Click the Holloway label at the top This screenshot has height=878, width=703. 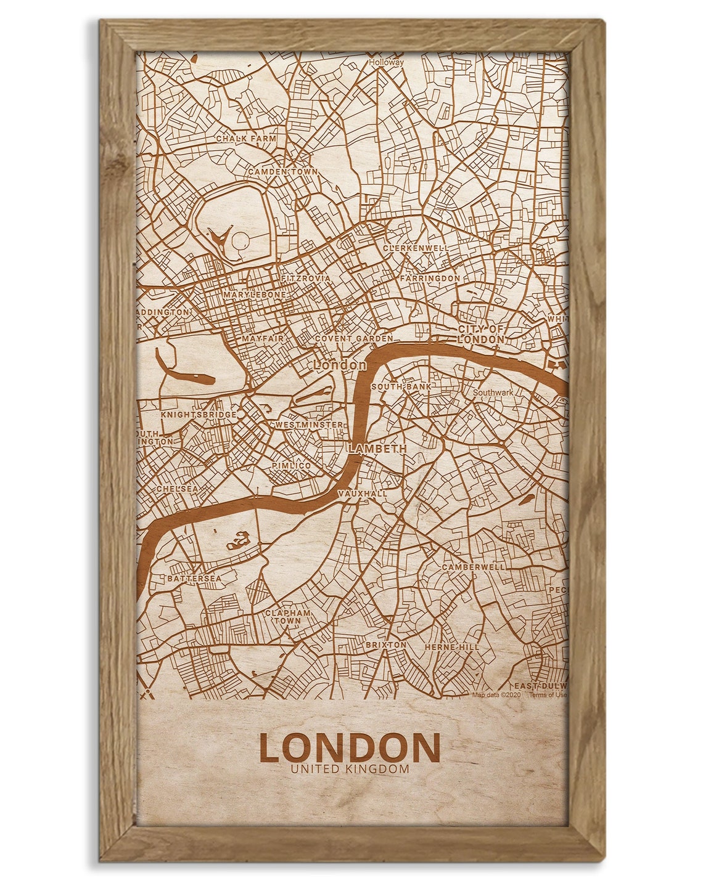pos(386,62)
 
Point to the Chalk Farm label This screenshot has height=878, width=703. pos(246,139)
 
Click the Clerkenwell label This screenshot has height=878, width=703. pos(416,248)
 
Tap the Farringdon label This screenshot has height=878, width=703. pos(430,278)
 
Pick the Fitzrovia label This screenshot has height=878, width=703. pos(306,278)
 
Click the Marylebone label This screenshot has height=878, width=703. pos(255,295)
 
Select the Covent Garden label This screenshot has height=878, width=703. pos(353,339)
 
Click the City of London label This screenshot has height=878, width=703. pos(481,334)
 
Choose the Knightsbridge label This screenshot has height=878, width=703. pos(198,415)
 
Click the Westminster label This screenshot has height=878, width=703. pos(309,425)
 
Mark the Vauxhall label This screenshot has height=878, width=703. pos(363,494)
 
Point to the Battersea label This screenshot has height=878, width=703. pos(194,579)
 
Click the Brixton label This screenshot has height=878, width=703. pos(385,644)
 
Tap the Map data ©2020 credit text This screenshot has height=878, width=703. pos(497,694)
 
